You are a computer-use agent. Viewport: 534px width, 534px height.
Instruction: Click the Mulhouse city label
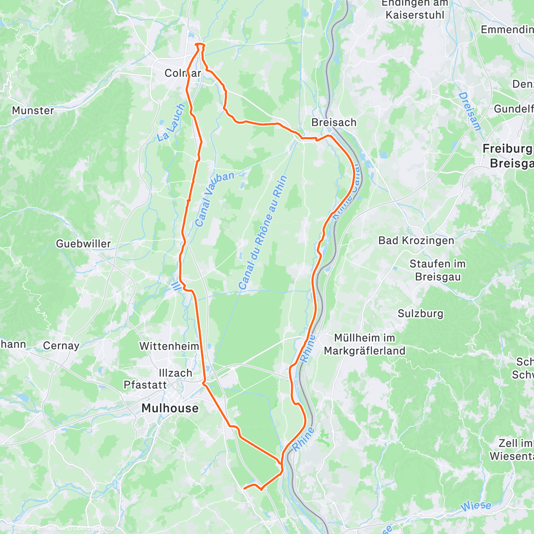pyautogui.click(x=170, y=408)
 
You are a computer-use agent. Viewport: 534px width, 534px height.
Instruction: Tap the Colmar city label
pyautogui.click(x=182, y=73)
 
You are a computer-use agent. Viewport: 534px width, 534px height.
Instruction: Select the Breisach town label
pyautogui.click(x=334, y=122)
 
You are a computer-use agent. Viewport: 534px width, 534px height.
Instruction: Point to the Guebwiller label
pyautogui.click(x=83, y=243)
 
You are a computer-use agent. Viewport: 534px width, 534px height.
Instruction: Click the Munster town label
pyautogui.click(x=33, y=110)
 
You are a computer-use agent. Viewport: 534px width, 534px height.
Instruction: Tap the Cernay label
pyautogui.click(x=61, y=345)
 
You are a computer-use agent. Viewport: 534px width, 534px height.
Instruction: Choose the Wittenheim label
pyautogui.click(x=169, y=346)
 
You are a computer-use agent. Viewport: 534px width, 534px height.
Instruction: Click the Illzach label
pyautogui.click(x=175, y=373)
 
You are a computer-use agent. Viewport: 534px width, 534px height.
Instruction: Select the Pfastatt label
pyautogui.click(x=145, y=385)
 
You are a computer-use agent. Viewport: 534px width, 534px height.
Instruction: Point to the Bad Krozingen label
pyautogui.click(x=416, y=240)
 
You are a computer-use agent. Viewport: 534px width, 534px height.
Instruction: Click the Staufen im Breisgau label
pyautogui.click(x=437, y=270)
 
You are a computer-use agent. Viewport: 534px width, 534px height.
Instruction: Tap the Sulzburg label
pyautogui.click(x=421, y=313)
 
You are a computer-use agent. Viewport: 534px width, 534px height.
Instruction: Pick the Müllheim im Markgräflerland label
pyautogui.click(x=365, y=344)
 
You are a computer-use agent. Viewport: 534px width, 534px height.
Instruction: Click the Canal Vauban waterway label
pyautogui.click(x=214, y=199)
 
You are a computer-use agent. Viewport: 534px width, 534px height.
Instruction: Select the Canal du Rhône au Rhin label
pyautogui.click(x=262, y=233)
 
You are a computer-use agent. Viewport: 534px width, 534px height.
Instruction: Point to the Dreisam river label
pyautogui.click(x=470, y=111)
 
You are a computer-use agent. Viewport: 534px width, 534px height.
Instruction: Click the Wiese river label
pyautogui.click(x=475, y=506)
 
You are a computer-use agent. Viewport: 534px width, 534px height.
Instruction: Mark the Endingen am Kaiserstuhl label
pyautogui.click(x=414, y=9)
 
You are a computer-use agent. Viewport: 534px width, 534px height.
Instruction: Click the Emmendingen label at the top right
pyautogui.click(x=507, y=30)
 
